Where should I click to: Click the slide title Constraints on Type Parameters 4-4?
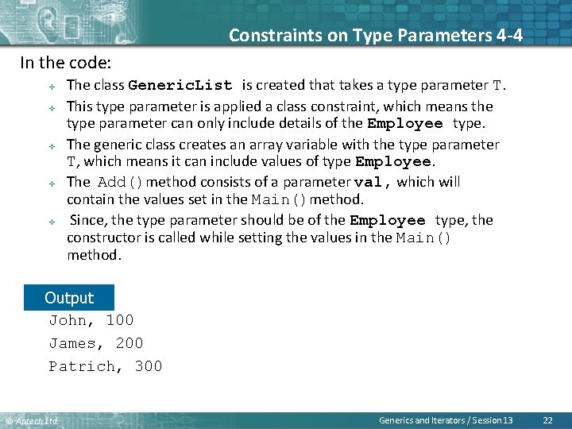coord(376,35)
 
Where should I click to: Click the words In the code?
coord(65,62)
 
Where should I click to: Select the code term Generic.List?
coord(180,86)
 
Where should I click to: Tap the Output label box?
coord(69,298)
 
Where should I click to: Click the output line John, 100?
coord(91,320)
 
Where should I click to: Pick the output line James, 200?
coord(96,343)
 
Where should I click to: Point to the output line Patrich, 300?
coord(106,366)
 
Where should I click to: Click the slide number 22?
coord(547,419)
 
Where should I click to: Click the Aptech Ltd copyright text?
coord(32,420)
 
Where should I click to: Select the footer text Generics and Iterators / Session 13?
coord(446,419)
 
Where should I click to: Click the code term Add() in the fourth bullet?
coord(120,182)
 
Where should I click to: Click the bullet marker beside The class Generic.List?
coord(50,87)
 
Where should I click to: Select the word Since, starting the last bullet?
coord(89,220)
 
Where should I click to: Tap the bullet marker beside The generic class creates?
coord(50,145)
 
